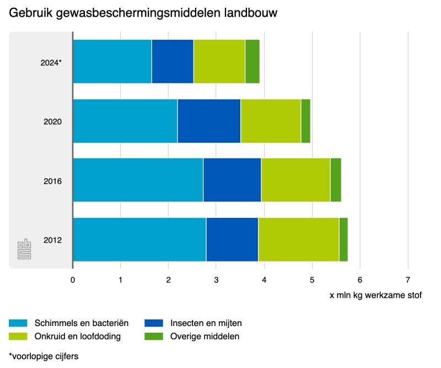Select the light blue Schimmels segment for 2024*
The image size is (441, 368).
[112, 61]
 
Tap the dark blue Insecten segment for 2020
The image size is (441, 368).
[209, 121]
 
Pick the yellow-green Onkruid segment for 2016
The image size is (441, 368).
[295, 180]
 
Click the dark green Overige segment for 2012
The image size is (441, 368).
[343, 239]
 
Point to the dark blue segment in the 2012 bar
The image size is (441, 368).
[232, 239]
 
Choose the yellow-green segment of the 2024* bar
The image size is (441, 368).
[219, 61]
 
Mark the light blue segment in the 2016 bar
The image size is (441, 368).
[138, 180]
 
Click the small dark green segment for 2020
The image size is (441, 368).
[306, 121]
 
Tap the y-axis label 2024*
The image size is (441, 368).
[51, 62]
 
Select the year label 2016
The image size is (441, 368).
[52, 181]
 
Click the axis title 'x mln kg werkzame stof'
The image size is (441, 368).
[375, 296]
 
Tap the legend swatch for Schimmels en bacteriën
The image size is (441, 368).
[18, 323]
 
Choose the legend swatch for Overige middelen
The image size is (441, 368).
[154, 336]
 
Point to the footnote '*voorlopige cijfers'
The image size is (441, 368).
[44, 356]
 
